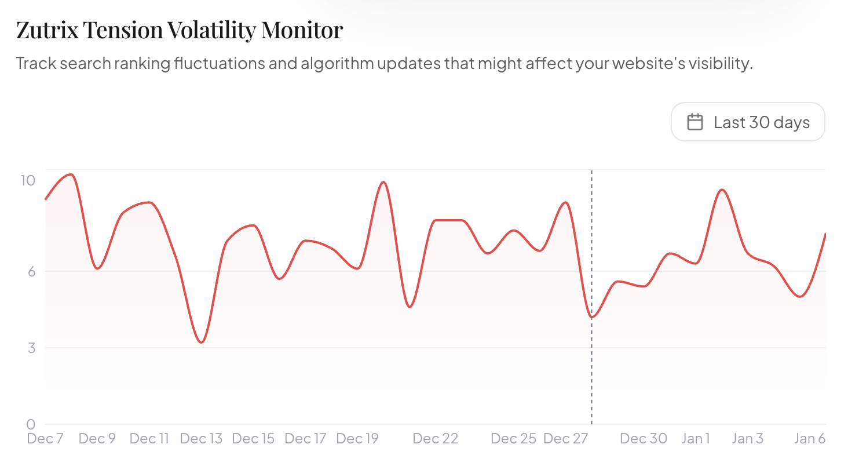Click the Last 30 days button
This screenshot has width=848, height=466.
coord(748,122)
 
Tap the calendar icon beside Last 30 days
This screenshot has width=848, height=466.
coord(695,122)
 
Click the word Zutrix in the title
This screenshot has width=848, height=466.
coord(48,30)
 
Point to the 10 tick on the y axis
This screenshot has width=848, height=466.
coord(28,180)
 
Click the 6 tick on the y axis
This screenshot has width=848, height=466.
coord(31,271)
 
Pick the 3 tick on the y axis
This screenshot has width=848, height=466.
coord(31,348)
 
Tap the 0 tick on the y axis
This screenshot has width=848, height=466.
coord(31,424)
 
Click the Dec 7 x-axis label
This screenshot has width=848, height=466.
coord(45,439)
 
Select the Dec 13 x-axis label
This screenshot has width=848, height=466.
coord(202,439)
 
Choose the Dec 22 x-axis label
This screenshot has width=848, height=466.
coord(436,439)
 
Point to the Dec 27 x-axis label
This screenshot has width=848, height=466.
coord(565,439)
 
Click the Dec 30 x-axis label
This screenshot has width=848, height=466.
coord(644,439)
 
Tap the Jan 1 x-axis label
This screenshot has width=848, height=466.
coord(696,439)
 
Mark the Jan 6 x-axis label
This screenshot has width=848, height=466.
coord(810,439)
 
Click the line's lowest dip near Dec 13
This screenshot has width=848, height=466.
coord(201,343)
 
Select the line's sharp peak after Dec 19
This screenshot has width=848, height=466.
coord(383,182)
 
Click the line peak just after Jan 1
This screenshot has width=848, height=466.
coord(722,190)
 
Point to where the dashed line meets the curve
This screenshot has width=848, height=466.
coord(592,317)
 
